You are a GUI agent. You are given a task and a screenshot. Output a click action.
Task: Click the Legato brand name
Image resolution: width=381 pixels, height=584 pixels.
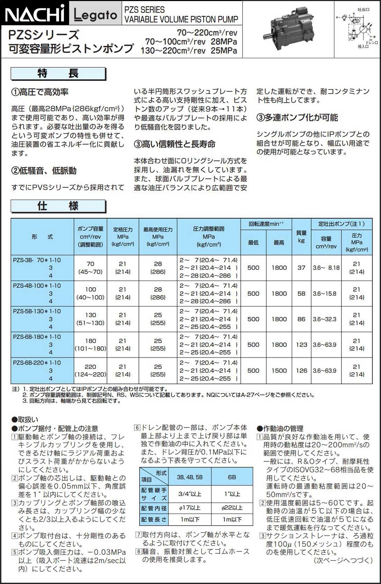(x=95, y=15)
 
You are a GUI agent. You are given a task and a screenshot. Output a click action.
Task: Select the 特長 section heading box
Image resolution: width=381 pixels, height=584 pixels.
(x=58, y=74)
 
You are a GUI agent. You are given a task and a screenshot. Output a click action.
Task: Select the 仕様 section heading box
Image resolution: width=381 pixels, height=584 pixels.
(x=58, y=206)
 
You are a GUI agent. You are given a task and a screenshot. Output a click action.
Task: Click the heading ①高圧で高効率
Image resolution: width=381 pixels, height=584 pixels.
(x=40, y=92)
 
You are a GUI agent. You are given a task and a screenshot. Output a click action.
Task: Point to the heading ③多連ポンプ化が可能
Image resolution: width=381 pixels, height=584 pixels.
(x=297, y=117)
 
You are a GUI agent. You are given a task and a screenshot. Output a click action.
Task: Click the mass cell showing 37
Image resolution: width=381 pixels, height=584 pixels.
(x=301, y=268)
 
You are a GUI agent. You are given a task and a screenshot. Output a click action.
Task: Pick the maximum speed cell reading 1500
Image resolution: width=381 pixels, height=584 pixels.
(x=279, y=371)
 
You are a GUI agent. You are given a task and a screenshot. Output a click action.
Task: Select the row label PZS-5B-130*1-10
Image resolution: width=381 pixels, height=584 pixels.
(x=37, y=311)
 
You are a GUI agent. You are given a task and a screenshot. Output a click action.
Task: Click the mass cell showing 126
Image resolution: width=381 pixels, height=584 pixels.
(x=301, y=371)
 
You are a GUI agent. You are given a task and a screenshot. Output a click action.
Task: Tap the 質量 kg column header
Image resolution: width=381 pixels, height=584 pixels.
(x=301, y=237)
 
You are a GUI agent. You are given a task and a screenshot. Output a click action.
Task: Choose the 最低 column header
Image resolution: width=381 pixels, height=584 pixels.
(x=253, y=242)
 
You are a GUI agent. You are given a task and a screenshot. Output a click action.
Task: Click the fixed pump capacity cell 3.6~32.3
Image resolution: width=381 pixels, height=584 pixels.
(x=325, y=319)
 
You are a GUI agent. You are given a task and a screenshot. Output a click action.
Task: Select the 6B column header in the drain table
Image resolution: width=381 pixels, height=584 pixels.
(x=232, y=477)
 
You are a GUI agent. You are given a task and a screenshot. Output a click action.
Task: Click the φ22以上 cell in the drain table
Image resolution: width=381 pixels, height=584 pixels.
(x=232, y=508)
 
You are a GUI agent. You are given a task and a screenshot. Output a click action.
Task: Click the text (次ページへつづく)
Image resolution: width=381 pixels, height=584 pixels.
(x=344, y=561)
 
